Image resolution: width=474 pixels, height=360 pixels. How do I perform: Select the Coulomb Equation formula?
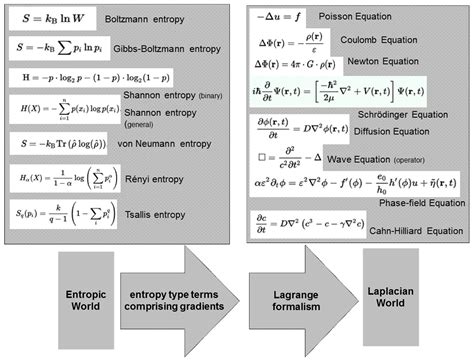click(291, 44)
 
